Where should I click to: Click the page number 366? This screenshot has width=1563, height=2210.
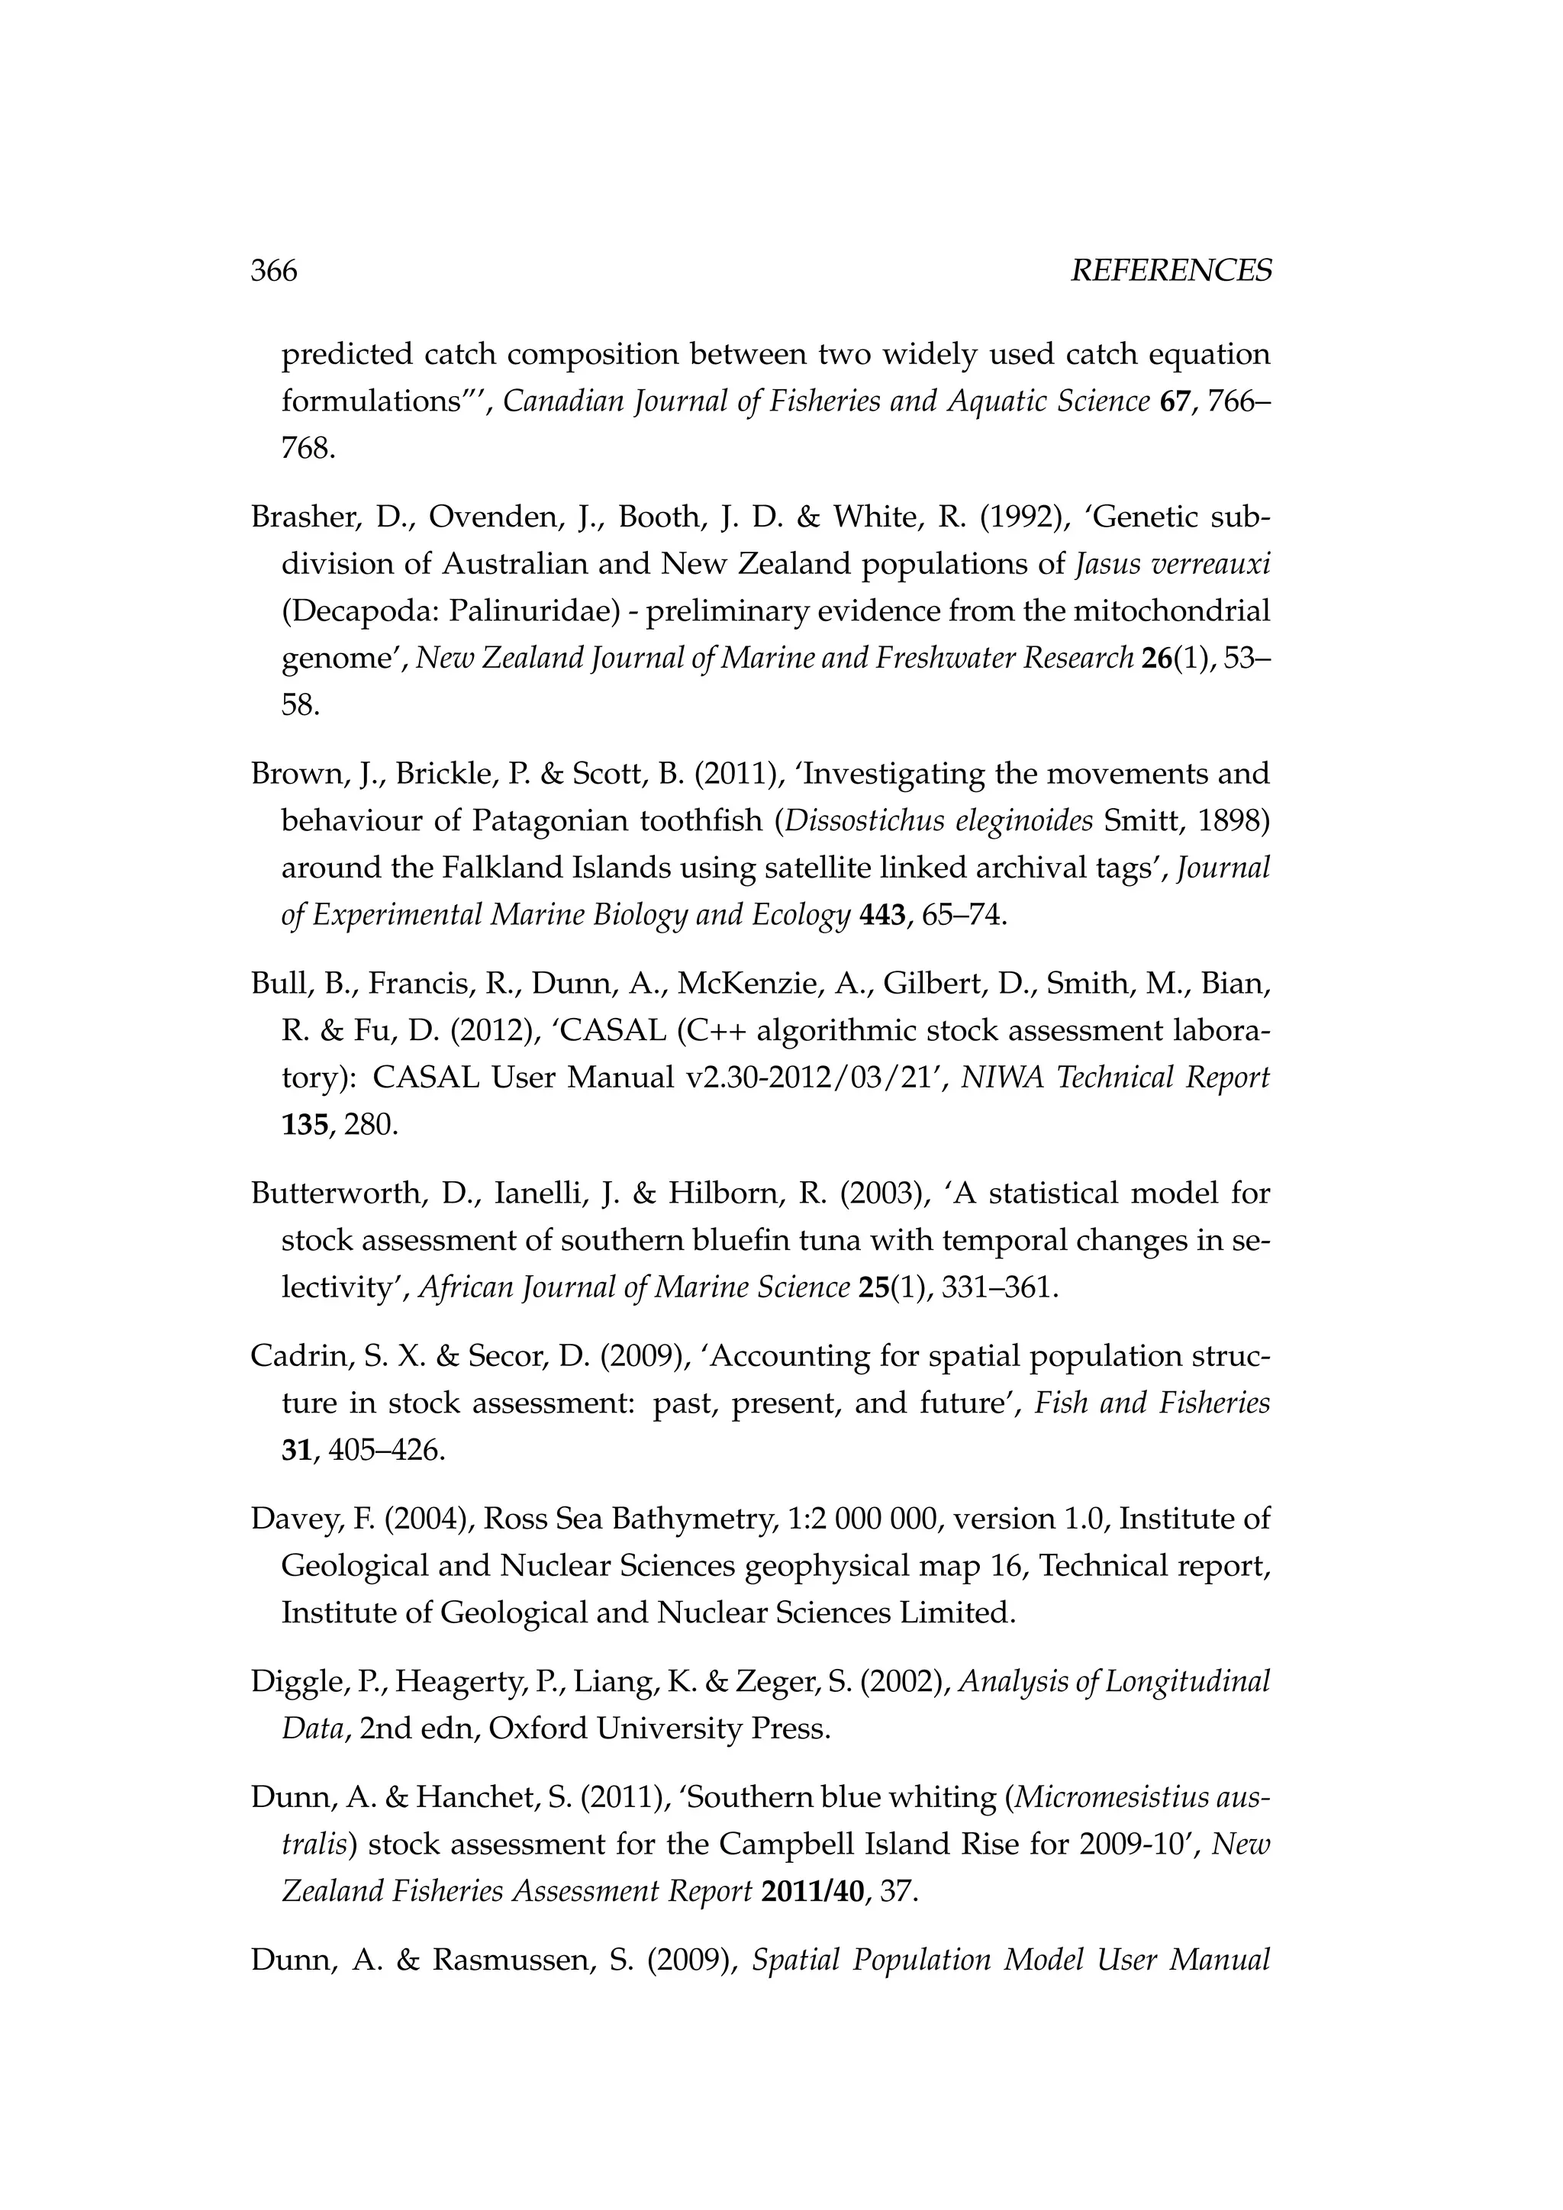pyautogui.click(x=273, y=272)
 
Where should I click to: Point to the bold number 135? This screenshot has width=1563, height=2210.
pyautogui.click(x=305, y=1124)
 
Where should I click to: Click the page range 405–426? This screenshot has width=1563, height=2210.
pyautogui.click(x=386, y=1451)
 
